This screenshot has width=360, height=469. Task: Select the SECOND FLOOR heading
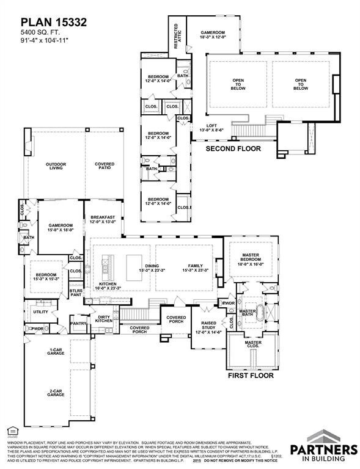233,148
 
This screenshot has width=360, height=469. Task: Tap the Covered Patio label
104,167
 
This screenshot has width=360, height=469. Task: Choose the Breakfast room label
103,220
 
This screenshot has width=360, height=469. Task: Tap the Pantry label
78,324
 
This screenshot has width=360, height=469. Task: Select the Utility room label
40,311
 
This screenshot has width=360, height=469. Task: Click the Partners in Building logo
332,444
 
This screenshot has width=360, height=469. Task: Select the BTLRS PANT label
76,293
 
